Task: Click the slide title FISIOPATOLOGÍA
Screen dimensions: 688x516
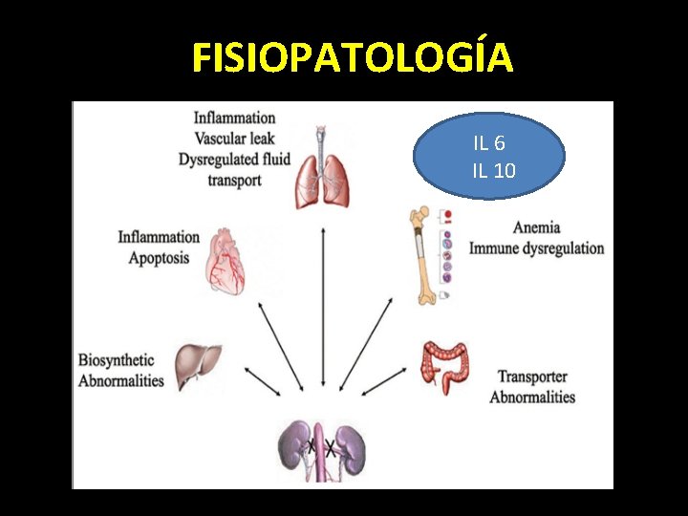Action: pos(353,57)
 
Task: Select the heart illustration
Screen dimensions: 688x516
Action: pos(226,260)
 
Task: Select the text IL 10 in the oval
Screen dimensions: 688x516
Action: pos(493,171)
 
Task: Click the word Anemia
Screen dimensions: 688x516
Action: pos(536,227)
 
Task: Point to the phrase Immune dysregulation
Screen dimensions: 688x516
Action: pos(536,247)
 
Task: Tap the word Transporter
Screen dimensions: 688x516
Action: pos(532,376)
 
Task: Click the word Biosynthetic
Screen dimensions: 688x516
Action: pos(117,360)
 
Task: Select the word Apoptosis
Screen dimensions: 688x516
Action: pos(159,257)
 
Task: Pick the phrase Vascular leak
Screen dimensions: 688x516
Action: pos(234,139)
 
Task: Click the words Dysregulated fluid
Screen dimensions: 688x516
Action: pos(234,159)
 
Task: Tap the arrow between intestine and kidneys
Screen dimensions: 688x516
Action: pos(385,381)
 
